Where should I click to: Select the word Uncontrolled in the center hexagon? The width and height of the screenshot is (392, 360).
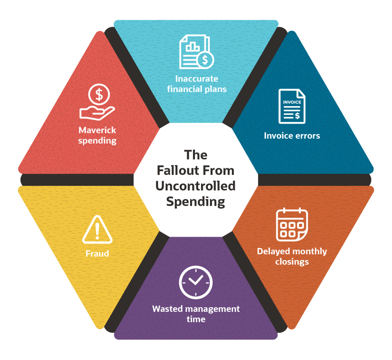(x=195, y=186)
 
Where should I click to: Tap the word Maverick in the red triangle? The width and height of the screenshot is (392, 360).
(x=97, y=130)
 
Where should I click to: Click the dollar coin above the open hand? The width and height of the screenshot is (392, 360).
(x=99, y=94)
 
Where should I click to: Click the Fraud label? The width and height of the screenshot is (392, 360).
(x=97, y=253)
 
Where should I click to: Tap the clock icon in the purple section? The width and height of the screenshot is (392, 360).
(x=196, y=282)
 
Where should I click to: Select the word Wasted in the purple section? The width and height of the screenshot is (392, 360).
(x=167, y=309)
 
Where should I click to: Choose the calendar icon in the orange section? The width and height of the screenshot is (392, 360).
(x=292, y=224)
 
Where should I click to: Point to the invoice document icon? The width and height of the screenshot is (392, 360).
(x=292, y=107)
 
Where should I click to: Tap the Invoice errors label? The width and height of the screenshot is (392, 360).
(x=292, y=136)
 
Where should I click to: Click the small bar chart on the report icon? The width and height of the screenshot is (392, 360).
(x=192, y=47)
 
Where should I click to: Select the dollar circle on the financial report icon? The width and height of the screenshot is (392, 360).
(x=205, y=60)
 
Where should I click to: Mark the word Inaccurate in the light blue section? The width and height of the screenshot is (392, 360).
(x=197, y=79)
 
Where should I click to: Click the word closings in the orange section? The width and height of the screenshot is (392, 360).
(x=292, y=262)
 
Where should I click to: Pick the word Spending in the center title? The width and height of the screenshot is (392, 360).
(x=195, y=202)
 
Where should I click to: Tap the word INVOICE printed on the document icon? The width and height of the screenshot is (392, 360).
(x=292, y=102)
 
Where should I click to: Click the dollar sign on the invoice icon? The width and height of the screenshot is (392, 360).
(x=297, y=115)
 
